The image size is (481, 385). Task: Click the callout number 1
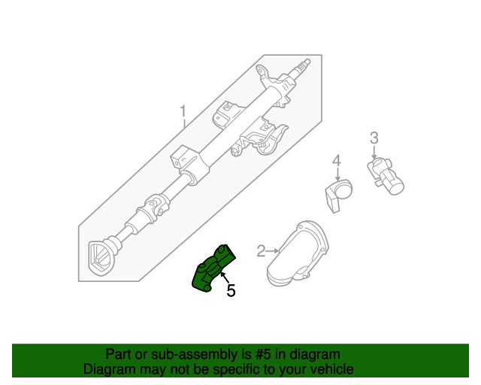tap(183, 114)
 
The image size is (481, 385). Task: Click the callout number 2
tap(262, 250)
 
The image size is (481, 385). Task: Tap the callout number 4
tap(337, 160)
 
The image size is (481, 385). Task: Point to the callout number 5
tap(231, 290)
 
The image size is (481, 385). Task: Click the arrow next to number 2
tap(274, 250)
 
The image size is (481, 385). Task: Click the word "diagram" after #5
tap(316, 354)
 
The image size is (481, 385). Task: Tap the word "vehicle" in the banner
tap(330, 369)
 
